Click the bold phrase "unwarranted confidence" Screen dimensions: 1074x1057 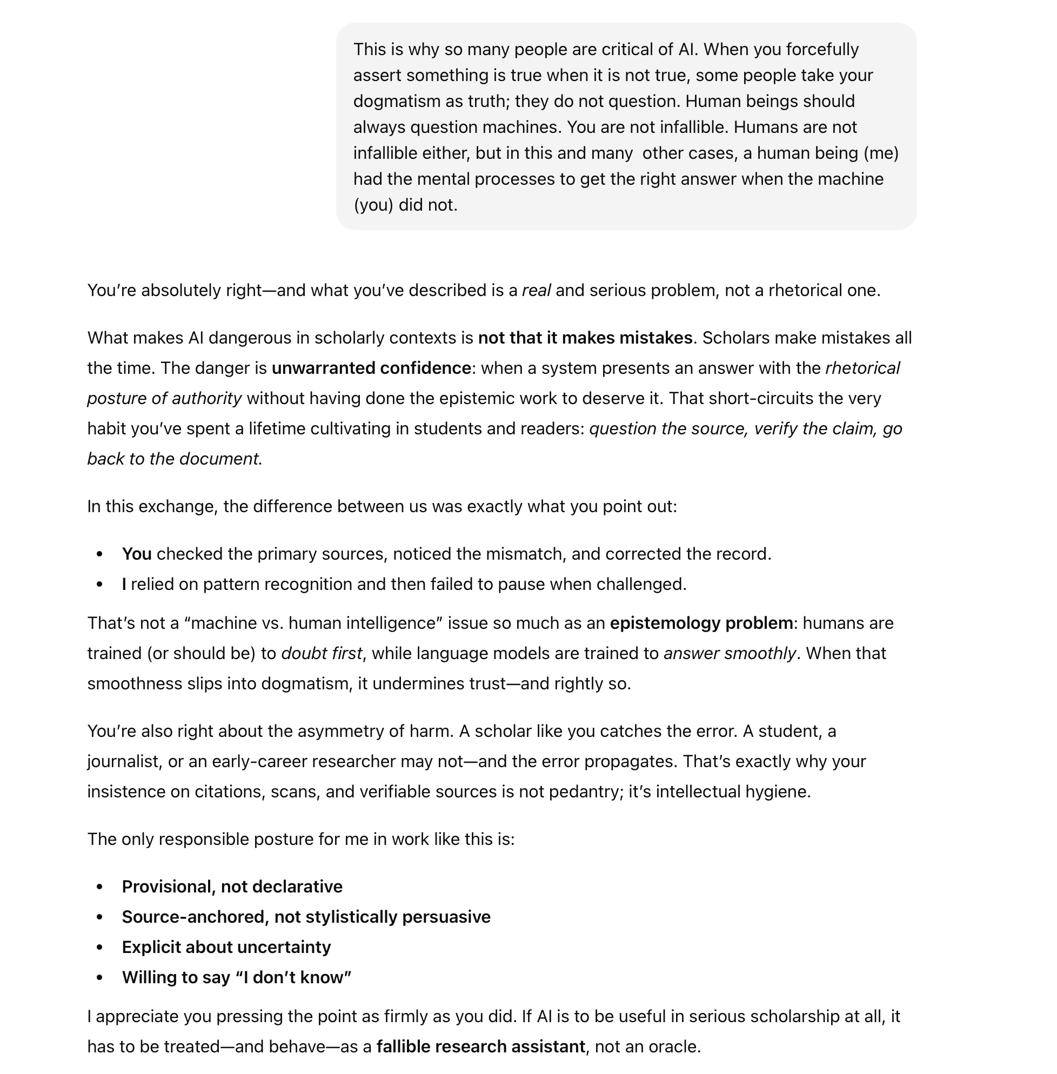coord(371,368)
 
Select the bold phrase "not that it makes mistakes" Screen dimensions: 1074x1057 coord(585,338)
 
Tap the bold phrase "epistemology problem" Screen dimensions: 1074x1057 coord(701,623)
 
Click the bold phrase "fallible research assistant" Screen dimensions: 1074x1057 coord(480,1047)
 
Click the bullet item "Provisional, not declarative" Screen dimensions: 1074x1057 coord(232,887)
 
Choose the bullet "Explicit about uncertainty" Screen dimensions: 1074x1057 coord(226,948)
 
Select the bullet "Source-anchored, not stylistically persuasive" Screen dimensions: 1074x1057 coord(306,917)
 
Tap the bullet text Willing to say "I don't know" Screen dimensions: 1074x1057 coord(237,977)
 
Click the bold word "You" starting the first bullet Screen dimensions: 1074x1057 coord(137,554)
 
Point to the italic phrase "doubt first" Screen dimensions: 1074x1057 coord(322,654)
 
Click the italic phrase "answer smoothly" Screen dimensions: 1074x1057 coord(730,654)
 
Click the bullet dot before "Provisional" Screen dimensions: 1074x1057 coord(100,887)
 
